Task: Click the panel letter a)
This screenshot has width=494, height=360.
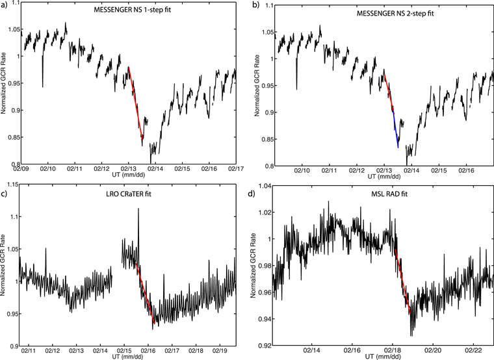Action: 5,5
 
